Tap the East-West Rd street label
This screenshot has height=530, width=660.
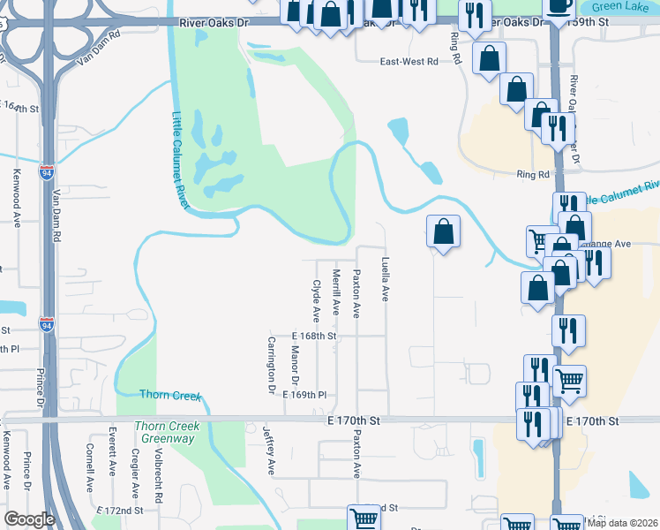coord(409,62)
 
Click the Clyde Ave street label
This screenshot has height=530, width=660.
coord(315,301)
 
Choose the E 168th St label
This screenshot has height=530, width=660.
coord(315,337)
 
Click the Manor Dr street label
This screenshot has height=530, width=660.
coord(295,363)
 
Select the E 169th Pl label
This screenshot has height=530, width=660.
coord(305,396)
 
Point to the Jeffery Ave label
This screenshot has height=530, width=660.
coord(269,450)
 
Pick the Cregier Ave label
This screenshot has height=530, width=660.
coord(135,473)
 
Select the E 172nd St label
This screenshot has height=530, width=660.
coord(123,511)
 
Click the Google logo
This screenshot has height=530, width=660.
coord(29,519)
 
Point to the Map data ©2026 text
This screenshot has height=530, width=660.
coord(622,523)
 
